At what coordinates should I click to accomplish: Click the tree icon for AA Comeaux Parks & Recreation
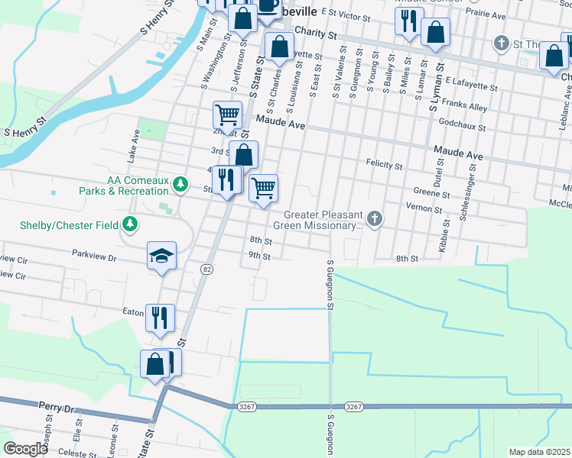180,184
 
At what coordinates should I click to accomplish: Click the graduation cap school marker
162,256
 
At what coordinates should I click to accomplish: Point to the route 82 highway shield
207,269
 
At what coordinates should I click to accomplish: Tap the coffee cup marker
268,6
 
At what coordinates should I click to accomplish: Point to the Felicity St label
384,165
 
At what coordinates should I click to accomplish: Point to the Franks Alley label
470,108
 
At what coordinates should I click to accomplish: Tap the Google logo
25,449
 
